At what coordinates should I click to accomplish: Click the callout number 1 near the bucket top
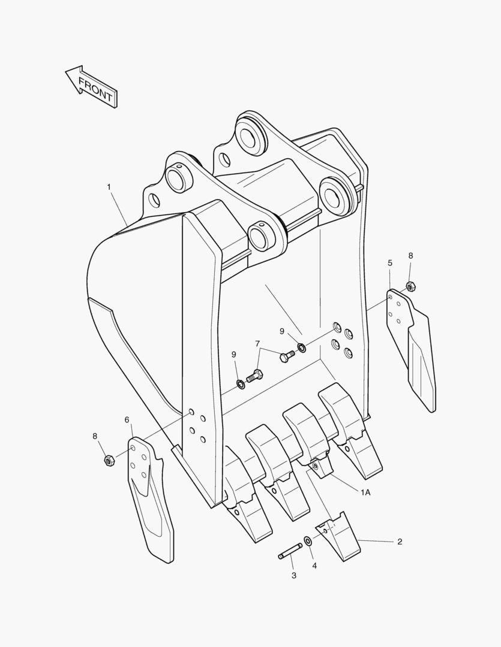[x=109, y=187]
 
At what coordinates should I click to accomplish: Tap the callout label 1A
[x=365, y=492]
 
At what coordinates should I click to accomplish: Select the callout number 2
[x=400, y=542]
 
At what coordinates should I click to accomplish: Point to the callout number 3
[x=294, y=576]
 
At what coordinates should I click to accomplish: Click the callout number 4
[x=314, y=565]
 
